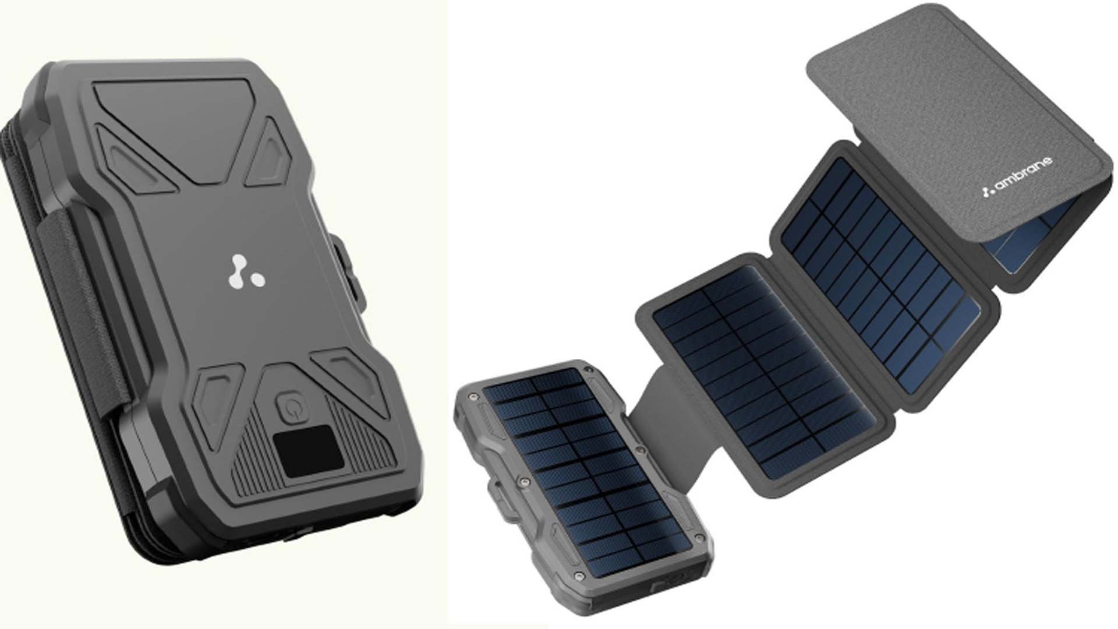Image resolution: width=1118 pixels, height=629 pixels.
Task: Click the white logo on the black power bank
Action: click(246, 273)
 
